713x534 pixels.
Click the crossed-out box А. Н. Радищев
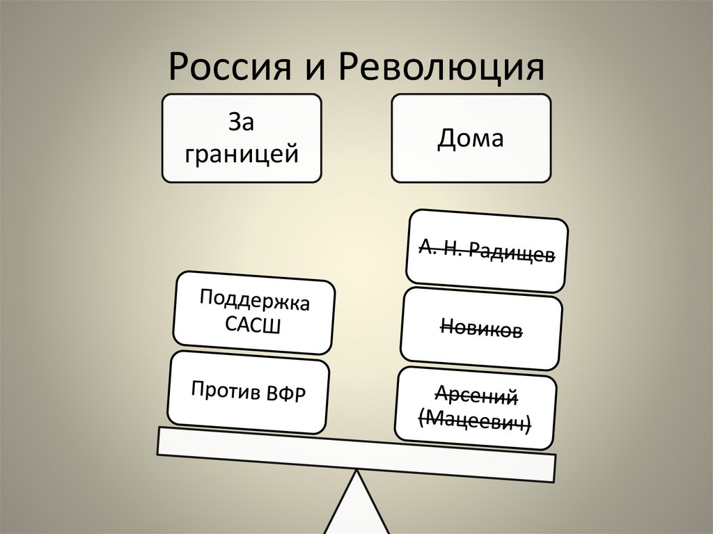487,250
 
